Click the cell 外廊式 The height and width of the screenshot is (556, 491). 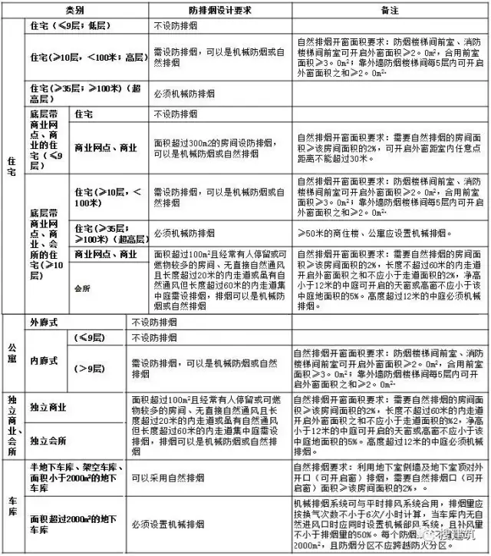click(x=48, y=323)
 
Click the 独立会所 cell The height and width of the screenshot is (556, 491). click(x=52, y=442)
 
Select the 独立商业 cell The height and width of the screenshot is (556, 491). click(x=52, y=407)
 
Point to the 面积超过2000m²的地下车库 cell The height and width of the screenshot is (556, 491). click(x=69, y=524)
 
